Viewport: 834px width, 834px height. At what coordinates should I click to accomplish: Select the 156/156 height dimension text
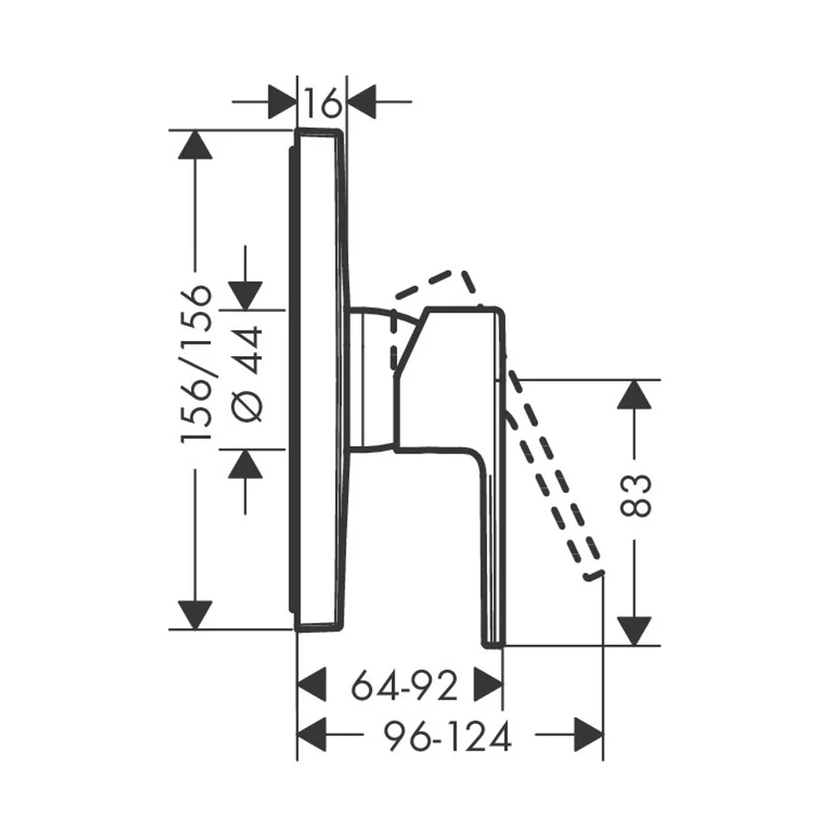(x=196, y=364)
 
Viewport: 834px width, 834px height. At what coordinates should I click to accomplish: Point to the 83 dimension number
(x=635, y=495)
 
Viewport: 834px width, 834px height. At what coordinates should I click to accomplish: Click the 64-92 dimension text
(x=404, y=686)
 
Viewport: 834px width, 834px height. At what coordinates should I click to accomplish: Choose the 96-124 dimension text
(x=447, y=736)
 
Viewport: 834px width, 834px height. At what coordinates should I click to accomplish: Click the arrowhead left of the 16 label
(x=283, y=102)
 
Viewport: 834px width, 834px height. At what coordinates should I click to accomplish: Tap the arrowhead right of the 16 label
(x=361, y=102)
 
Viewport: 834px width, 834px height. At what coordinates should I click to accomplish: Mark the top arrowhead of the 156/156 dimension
(x=195, y=144)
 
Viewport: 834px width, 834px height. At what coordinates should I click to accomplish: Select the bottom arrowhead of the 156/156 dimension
(x=195, y=615)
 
